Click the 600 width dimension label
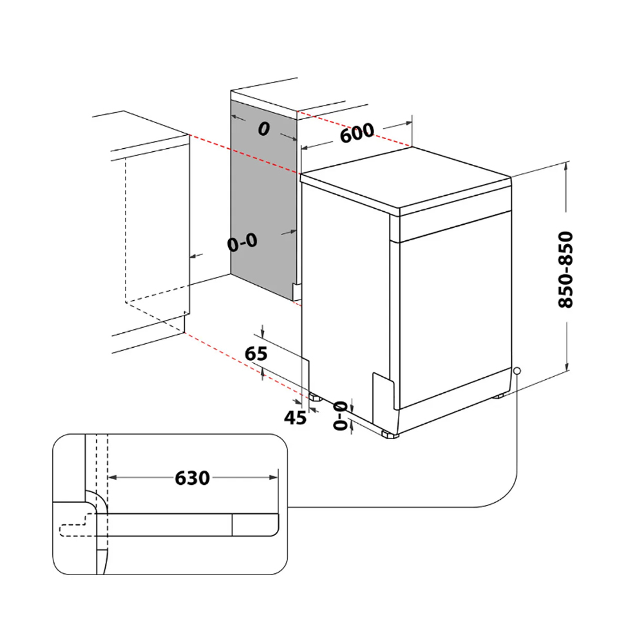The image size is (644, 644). [x=357, y=133]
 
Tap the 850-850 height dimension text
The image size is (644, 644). [x=565, y=269]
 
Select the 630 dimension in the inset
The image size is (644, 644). [x=192, y=478]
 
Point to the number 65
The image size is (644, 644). [x=256, y=354]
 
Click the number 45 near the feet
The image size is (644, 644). [x=295, y=418]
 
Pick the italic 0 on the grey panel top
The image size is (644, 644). [x=263, y=129]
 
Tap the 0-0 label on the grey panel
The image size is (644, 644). [x=242, y=242]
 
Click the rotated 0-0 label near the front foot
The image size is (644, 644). [x=340, y=415]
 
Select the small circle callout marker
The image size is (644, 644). [x=517, y=371]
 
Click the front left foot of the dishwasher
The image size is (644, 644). [x=390, y=434]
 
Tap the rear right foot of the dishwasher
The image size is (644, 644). [x=498, y=396]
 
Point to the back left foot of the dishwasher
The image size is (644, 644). [x=316, y=397]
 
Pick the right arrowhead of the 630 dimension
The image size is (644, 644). [x=274, y=477]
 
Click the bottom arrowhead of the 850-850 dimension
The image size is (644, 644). [x=567, y=365]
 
